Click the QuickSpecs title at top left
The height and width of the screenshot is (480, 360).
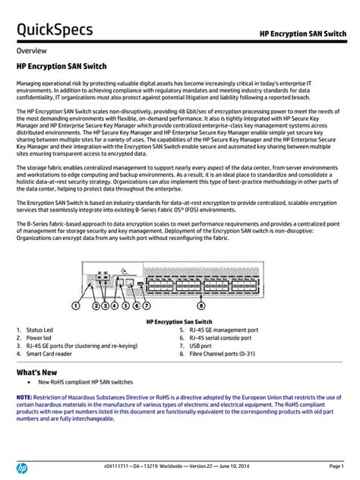[55, 30]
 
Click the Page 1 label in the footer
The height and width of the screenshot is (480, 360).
[336, 465]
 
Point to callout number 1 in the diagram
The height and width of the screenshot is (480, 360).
[76, 306]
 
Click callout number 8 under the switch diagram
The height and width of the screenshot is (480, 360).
[201, 306]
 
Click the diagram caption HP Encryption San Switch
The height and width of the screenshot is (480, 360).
[179, 322]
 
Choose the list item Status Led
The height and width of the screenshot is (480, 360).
[39, 330]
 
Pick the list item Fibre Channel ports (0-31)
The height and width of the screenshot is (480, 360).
[222, 353]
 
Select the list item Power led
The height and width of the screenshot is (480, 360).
[39, 338]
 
